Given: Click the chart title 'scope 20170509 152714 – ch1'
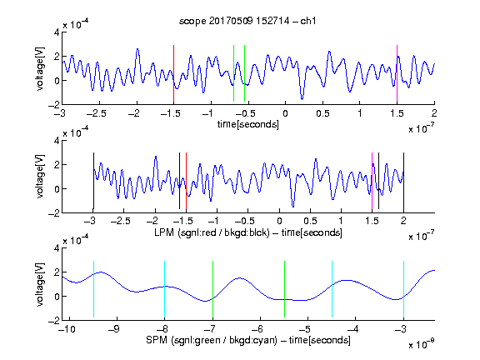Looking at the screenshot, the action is (247, 21).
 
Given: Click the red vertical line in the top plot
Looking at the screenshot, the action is (173, 73).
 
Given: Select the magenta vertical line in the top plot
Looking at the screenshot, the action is (397, 73).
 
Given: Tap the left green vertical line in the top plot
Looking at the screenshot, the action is (233, 73).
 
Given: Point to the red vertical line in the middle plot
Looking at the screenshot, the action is (186, 181).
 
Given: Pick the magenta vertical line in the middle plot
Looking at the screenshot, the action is (372, 181).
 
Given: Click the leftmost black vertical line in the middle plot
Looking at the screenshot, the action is (93, 181).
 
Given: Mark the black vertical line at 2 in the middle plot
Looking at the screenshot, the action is (403, 182).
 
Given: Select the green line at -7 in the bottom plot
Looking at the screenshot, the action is (212, 289).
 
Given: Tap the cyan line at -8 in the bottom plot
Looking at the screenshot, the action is (164, 289).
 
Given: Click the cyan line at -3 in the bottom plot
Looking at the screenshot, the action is (403, 289).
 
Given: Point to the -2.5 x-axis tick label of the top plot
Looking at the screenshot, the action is (96, 113).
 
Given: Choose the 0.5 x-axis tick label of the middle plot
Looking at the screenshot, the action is (310, 221).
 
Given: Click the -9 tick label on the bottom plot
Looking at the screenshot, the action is (114, 329).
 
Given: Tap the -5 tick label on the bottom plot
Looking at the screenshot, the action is (305, 329).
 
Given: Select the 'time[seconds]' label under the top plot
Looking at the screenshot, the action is (248, 124).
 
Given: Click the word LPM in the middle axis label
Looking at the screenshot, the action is (164, 232).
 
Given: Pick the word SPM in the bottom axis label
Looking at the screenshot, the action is (157, 340).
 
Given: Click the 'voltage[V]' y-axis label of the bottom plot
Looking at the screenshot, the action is (40, 284).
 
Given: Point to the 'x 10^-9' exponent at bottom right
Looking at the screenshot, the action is (421, 344).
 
